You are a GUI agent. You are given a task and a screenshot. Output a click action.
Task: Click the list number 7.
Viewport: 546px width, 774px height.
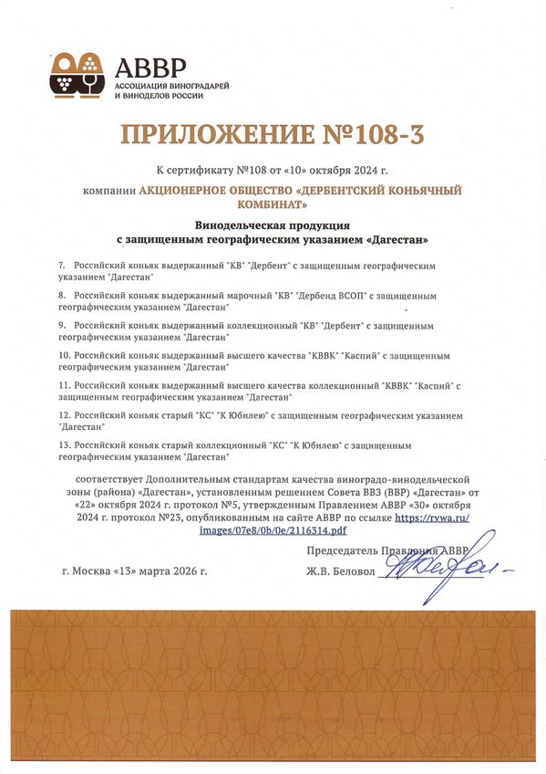coord(60,264)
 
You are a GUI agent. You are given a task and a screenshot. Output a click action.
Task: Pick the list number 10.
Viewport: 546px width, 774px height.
coord(63,353)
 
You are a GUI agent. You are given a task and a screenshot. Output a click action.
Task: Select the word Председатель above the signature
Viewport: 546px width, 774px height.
coord(346,551)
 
